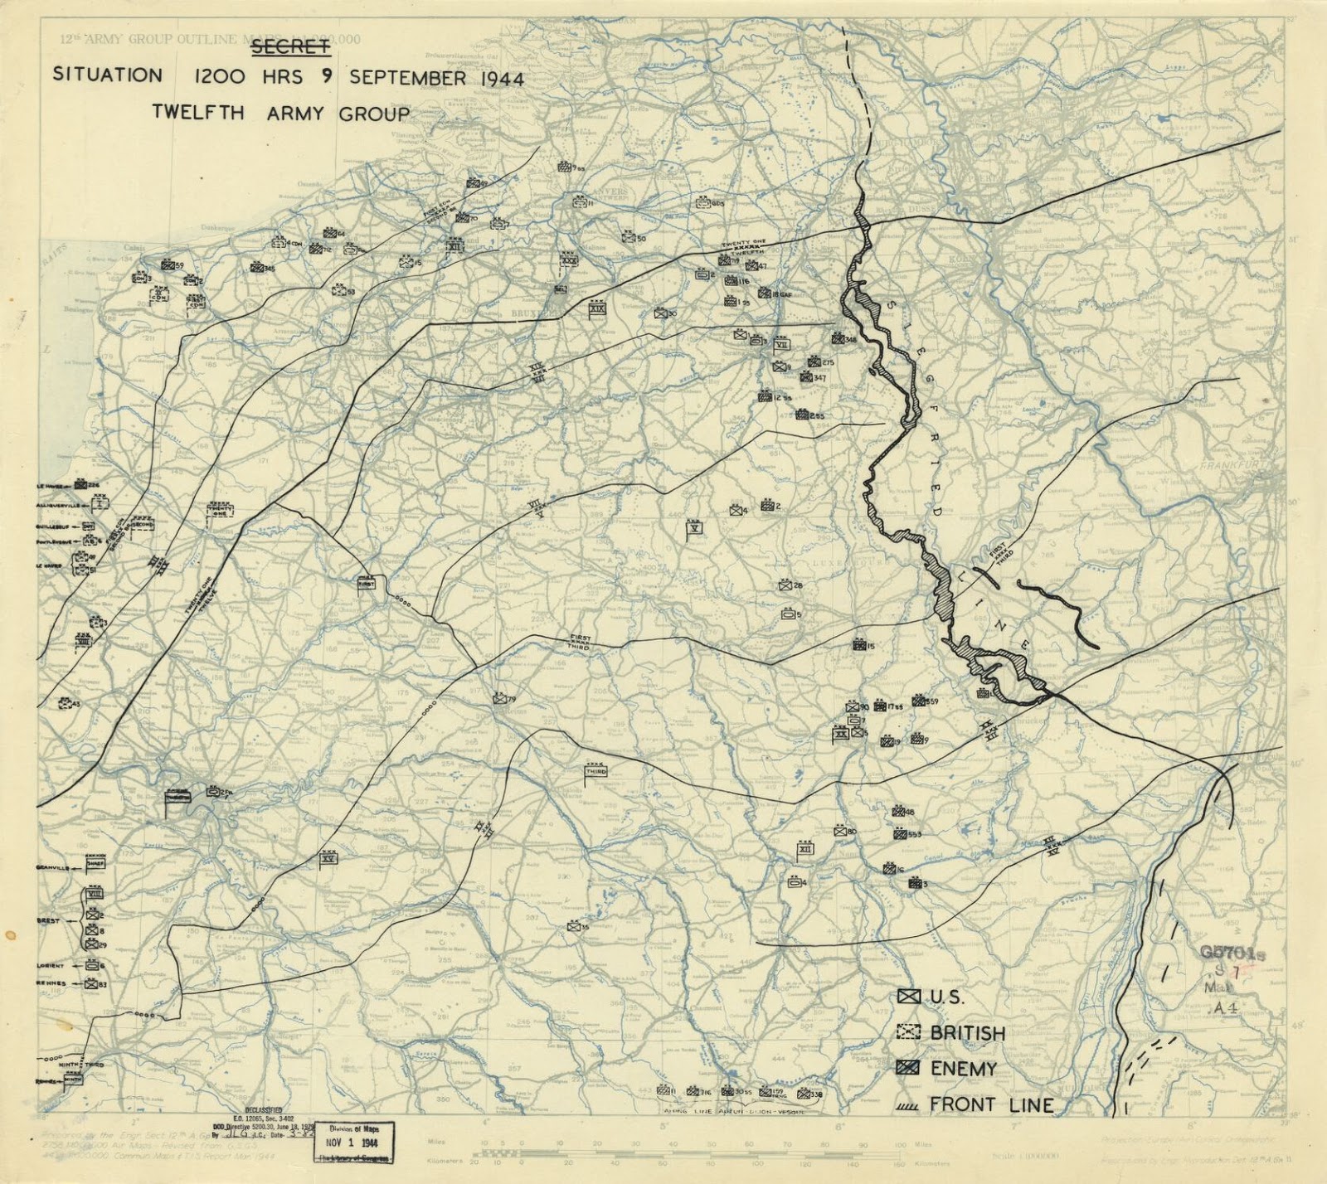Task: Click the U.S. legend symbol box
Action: coord(909,997)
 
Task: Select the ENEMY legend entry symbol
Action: coord(909,1069)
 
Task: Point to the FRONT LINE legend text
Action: coord(991,1104)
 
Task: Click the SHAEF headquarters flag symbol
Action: coord(95,864)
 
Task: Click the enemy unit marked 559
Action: coord(918,701)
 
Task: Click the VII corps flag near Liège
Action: coord(781,344)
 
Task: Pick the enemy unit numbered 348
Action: coord(837,338)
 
